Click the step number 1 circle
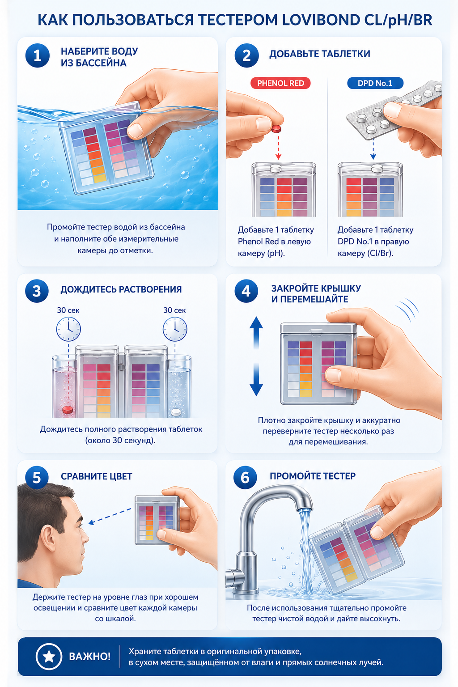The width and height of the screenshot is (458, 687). pos(37,55)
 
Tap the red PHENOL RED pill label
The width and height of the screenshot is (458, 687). pos(280,83)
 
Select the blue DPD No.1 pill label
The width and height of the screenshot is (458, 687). pos(375,83)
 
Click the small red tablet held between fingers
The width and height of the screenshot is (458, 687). pos(276,128)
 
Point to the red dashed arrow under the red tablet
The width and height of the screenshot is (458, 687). pos(278,147)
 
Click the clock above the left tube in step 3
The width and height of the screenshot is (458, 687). pos(68,329)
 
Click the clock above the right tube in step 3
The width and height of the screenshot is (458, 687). pos(174,329)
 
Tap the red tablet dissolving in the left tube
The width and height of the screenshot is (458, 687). pos(68,410)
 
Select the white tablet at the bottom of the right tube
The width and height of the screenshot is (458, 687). pos(176,412)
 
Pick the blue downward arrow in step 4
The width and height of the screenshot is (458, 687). pos(256,380)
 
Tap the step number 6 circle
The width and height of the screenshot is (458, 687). pos(245,478)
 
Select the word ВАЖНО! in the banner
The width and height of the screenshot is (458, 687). pos(89,656)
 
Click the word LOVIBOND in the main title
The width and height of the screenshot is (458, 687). pos(321,20)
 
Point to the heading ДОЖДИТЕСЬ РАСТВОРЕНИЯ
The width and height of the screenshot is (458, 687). pos(121,289)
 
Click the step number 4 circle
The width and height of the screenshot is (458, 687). pos(246,291)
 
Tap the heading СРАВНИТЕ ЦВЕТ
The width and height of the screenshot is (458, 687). pos(96,476)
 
